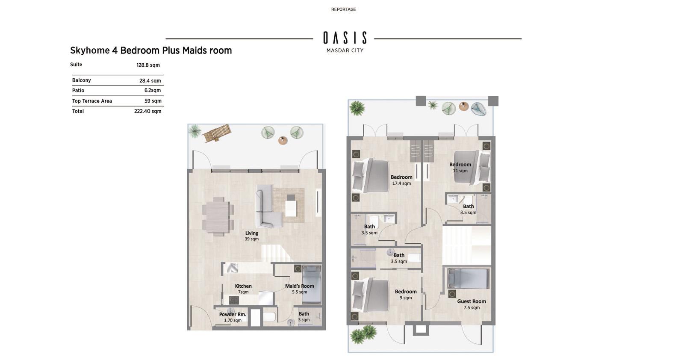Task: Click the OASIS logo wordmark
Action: [345, 38]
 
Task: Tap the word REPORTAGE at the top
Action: [344, 9]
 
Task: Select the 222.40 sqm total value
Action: [148, 111]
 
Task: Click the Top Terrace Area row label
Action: [92, 101]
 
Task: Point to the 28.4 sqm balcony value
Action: [150, 81]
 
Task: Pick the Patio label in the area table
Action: [78, 90]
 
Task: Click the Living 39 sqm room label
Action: [252, 236]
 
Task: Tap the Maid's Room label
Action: [300, 286]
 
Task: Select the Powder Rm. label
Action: [233, 314]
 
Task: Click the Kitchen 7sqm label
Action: [243, 289]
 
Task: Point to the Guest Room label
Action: [472, 301]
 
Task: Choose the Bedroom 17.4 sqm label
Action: [401, 180]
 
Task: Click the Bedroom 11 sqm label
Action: [460, 167]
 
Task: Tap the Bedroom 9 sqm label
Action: [406, 294]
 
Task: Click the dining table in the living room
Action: [218, 216]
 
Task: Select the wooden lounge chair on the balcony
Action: [217, 133]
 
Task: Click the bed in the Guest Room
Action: [469, 278]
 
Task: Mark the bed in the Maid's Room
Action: [312, 284]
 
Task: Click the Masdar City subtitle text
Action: [345, 50]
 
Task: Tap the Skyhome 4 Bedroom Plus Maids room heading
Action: [151, 50]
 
